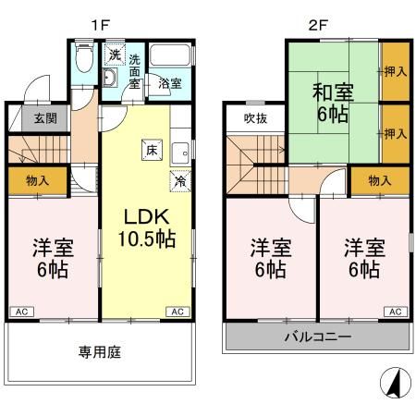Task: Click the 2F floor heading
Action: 317,18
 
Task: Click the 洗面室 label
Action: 135,72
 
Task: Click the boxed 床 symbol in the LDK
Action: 149,148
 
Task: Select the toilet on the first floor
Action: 83,60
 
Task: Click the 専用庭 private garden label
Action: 100,352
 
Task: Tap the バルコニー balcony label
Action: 317,336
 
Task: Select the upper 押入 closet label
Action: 395,69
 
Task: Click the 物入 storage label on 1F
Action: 38,179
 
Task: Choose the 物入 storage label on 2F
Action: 379,180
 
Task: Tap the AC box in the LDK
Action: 175,312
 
